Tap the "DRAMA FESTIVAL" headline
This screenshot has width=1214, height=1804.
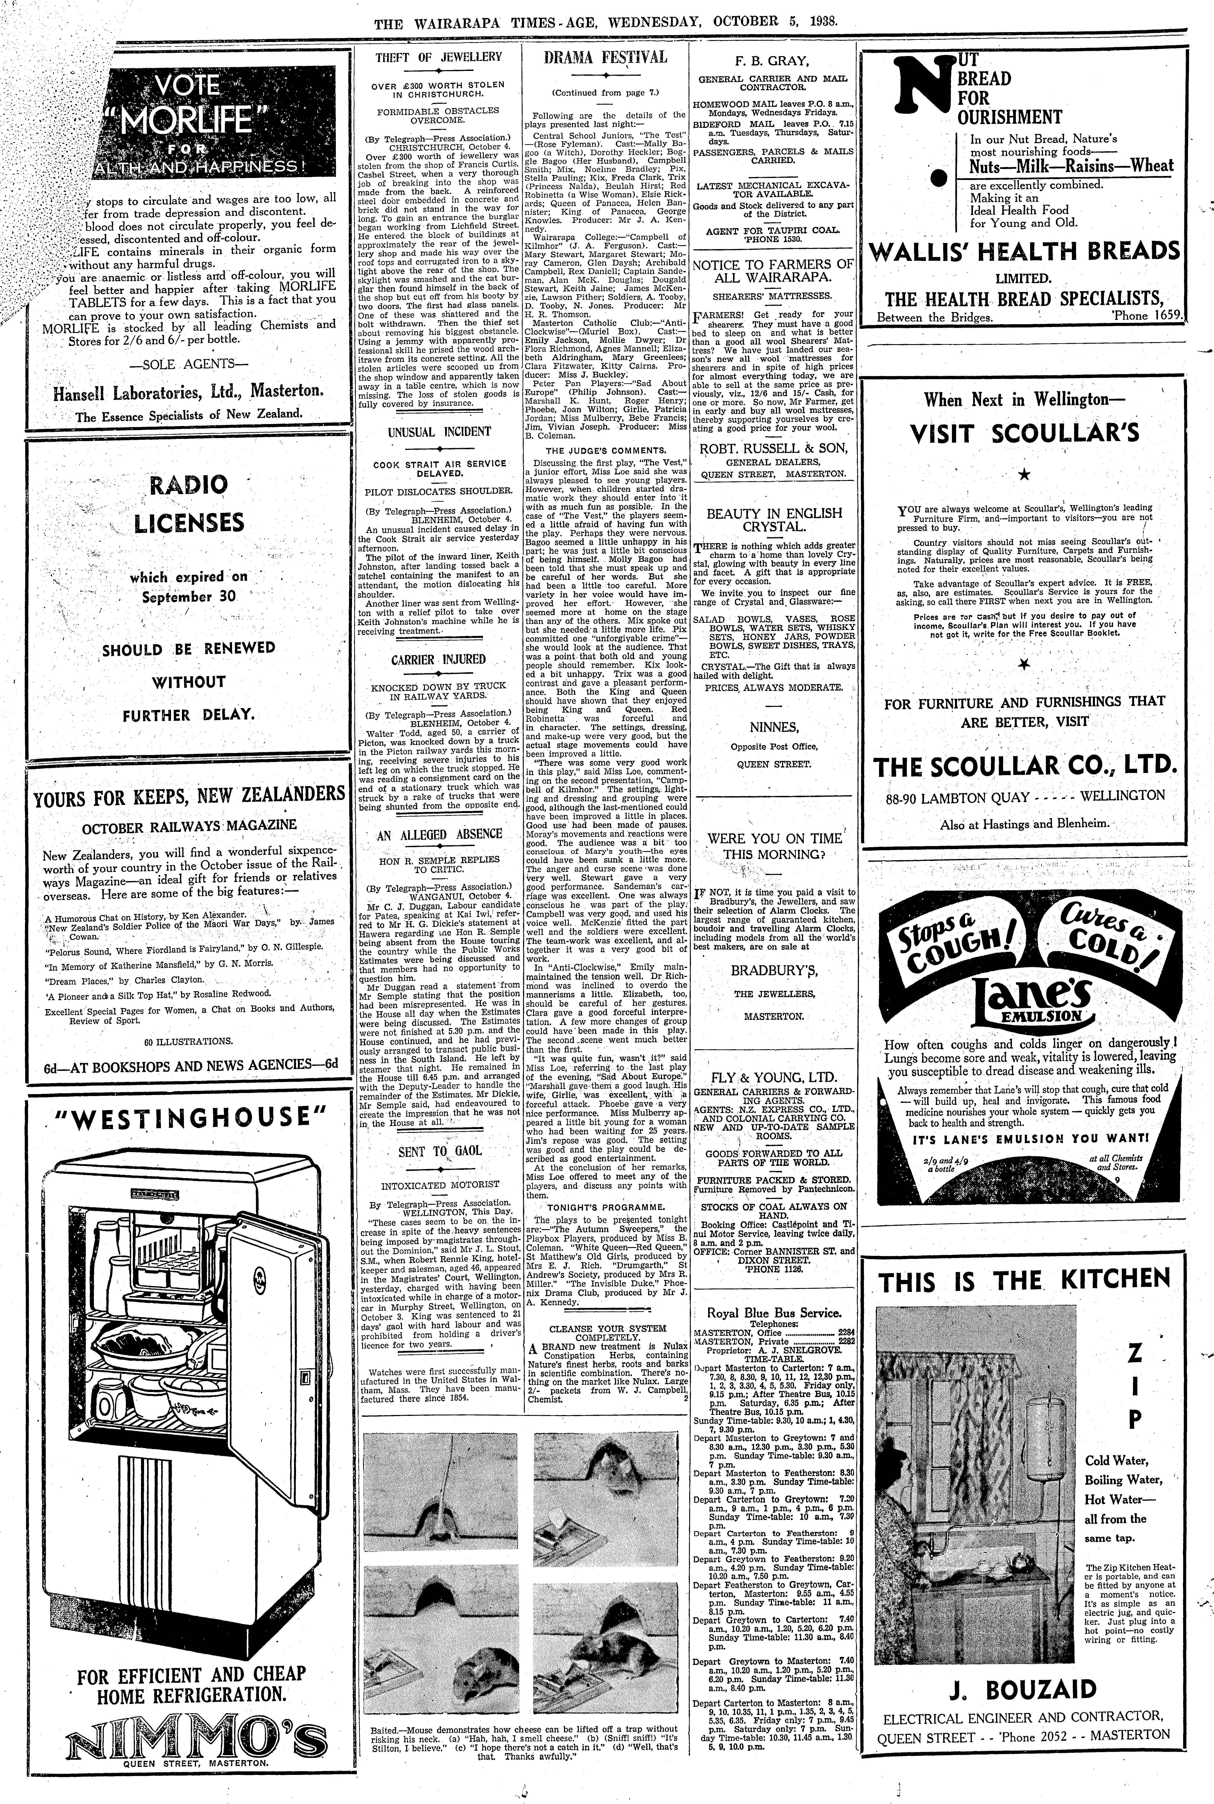pyautogui.click(x=605, y=57)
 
